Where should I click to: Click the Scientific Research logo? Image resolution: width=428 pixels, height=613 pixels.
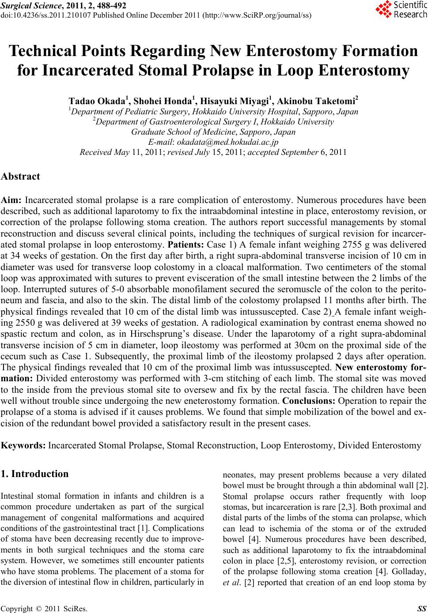401,10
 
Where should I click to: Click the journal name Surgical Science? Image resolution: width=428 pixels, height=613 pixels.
29,5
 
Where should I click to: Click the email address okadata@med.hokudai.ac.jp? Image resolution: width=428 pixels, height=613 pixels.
227,142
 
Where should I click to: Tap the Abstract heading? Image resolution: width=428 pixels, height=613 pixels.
21,177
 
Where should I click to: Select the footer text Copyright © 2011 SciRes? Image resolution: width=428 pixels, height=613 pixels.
44,608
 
